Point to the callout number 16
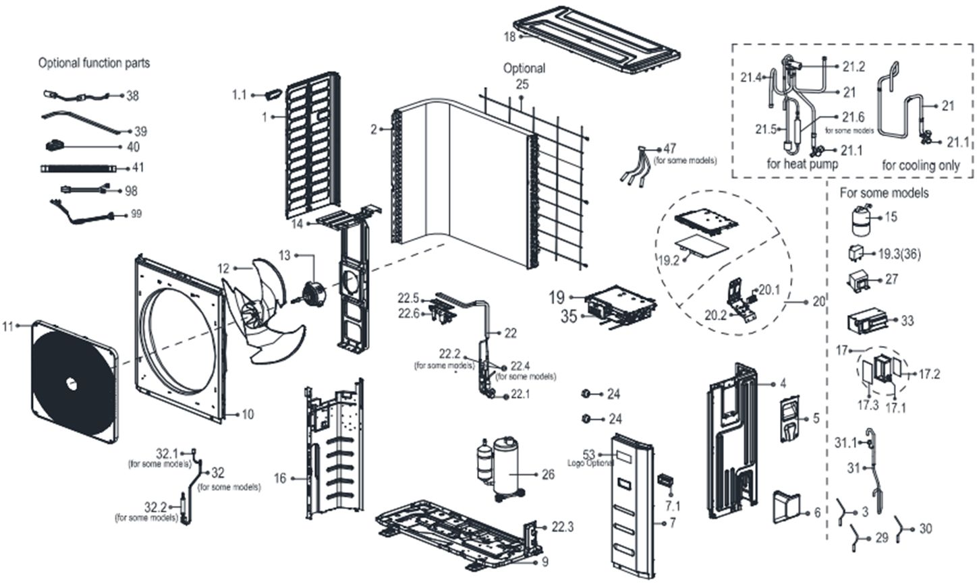click(280, 478)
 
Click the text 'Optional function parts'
click(94, 63)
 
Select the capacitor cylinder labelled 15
click(861, 221)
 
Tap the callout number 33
click(908, 321)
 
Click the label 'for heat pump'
click(803, 164)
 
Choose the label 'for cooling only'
click(921, 165)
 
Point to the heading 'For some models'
click(884, 193)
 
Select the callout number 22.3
click(562, 527)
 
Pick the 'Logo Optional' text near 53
click(591, 463)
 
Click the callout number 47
click(669, 148)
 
